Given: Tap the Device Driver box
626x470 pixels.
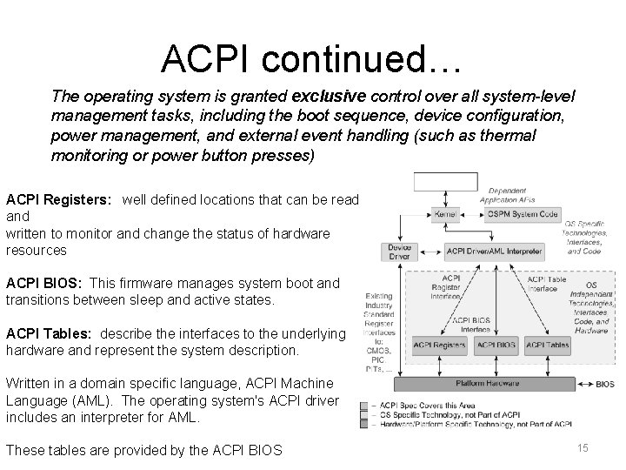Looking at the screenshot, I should (399, 252).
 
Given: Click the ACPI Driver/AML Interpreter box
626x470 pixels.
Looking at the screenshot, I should (494, 252).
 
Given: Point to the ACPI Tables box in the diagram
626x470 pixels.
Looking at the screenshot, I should (548, 345).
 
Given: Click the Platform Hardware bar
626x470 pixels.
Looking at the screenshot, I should (488, 383).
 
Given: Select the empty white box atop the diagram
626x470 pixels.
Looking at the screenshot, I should (446, 181).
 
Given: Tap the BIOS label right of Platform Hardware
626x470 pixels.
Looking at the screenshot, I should (605, 384).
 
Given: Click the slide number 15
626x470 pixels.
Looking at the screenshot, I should (583, 447).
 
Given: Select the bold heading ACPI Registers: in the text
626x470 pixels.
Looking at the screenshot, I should (58, 199).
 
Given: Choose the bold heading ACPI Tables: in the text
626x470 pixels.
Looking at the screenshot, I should (50, 334).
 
